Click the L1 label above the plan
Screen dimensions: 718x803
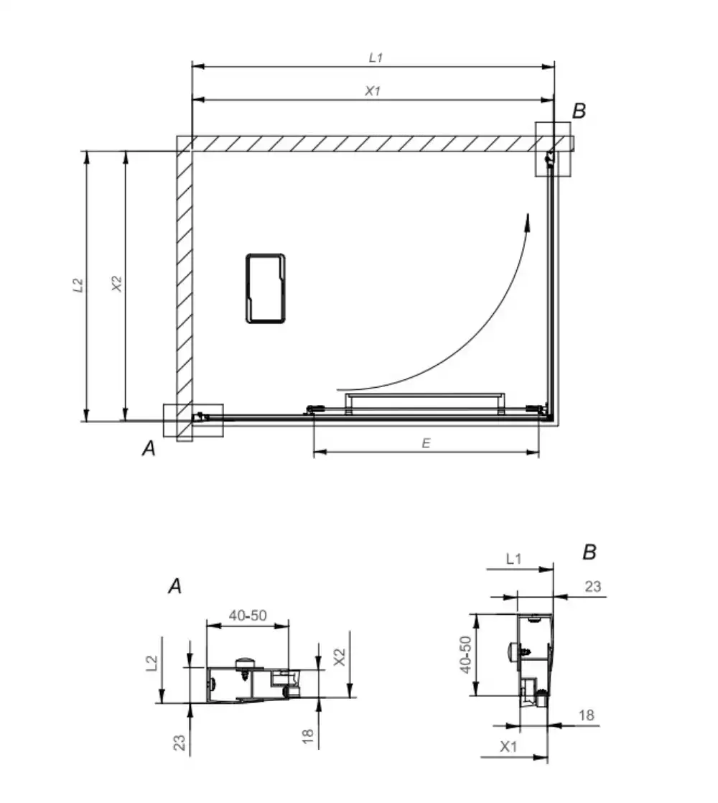[x=376, y=57]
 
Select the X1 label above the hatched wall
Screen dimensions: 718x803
[x=373, y=90]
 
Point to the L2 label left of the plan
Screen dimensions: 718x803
[x=78, y=285]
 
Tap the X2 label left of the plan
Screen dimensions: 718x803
[x=117, y=284]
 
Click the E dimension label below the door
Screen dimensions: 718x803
[x=426, y=443]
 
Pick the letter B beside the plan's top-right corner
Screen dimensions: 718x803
[x=579, y=111]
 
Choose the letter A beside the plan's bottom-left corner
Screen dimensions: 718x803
[x=149, y=448]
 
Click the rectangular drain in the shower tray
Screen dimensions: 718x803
[x=266, y=288]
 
